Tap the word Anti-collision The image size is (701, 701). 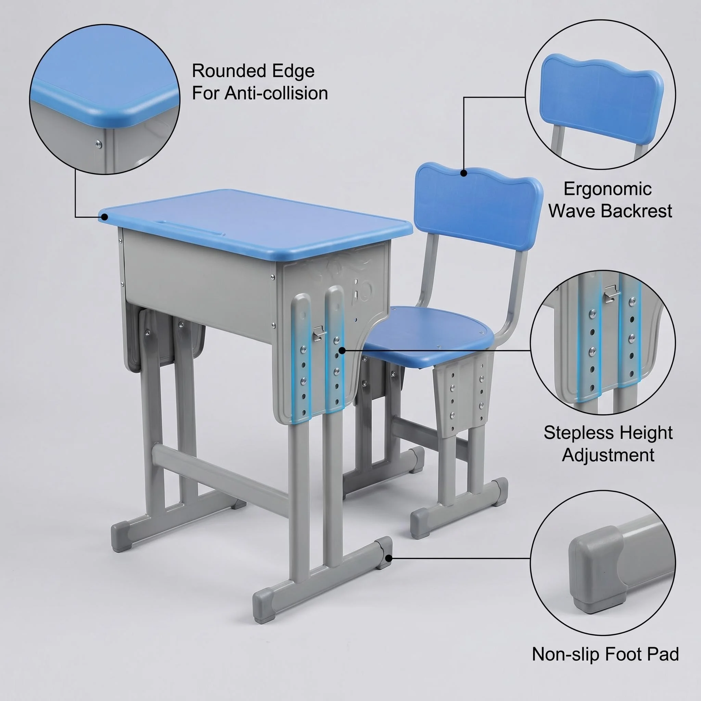click(276, 93)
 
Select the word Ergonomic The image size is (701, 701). click(608, 189)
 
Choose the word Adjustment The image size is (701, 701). click(608, 455)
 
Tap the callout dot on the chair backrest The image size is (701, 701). click(464, 173)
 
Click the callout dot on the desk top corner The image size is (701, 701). click(105, 217)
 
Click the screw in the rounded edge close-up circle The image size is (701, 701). click(98, 144)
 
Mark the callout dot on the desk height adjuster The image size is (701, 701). click(342, 350)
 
